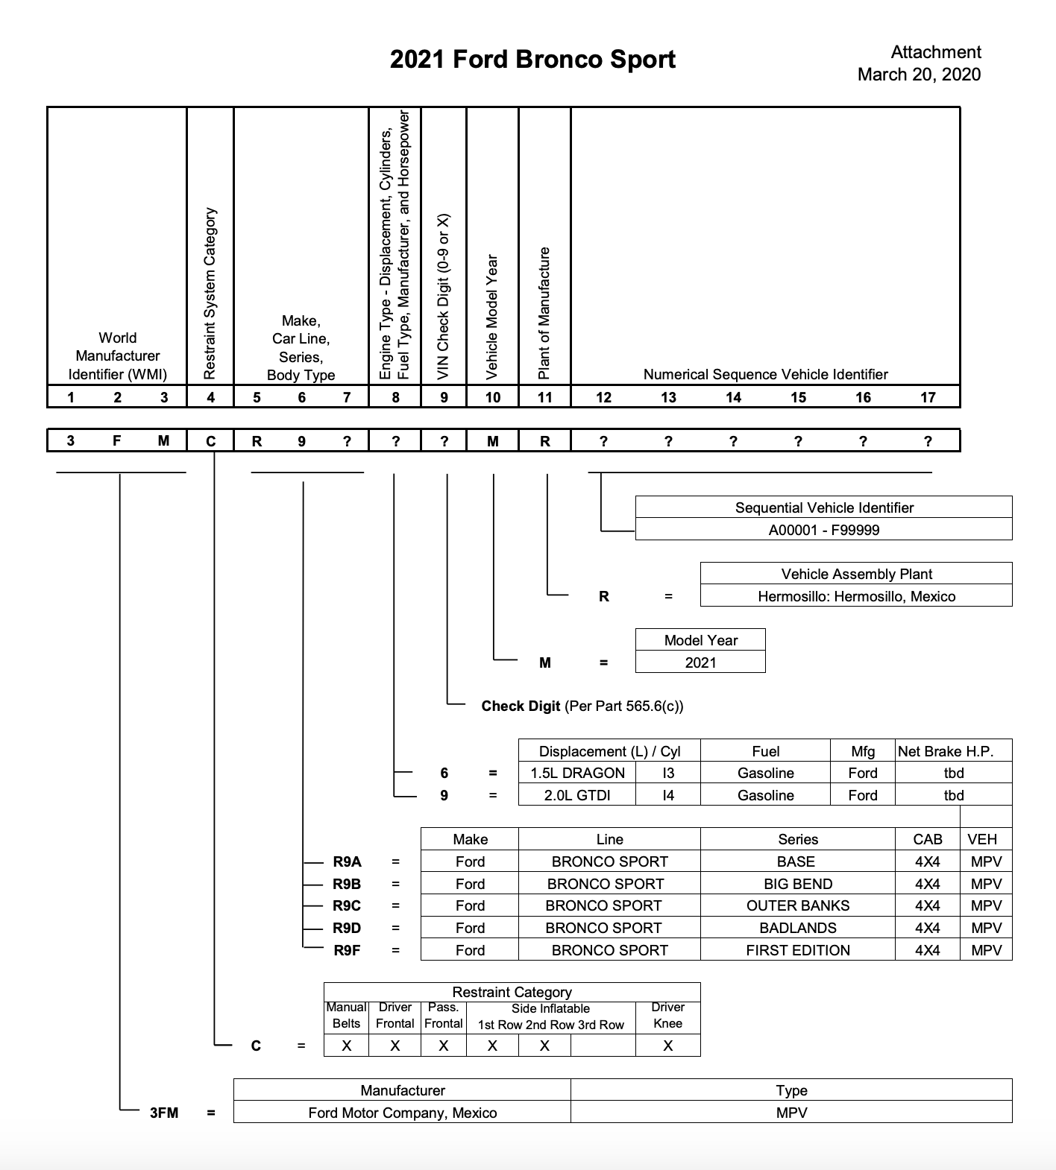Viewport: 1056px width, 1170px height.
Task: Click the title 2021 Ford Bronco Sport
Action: tap(532, 60)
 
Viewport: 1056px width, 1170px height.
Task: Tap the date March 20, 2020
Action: tap(919, 75)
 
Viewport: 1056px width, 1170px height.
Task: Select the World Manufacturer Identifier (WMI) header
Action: tap(118, 356)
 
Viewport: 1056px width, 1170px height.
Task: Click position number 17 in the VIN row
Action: tap(928, 397)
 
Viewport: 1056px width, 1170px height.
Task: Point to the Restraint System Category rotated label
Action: tap(210, 292)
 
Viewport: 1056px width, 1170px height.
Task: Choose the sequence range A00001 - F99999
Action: tap(824, 530)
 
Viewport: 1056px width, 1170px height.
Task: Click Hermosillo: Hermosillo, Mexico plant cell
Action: tap(856, 596)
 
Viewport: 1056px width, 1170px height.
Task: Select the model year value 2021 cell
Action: tap(700, 663)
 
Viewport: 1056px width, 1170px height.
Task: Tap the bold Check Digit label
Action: tap(521, 706)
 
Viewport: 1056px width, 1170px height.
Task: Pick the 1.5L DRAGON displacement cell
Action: tap(577, 773)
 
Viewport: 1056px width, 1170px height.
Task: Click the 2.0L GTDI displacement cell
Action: tap(577, 795)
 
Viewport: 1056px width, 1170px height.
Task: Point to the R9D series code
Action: tap(347, 928)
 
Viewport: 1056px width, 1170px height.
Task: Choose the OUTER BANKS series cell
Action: tap(798, 905)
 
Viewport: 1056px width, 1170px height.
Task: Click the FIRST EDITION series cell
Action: tap(798, 950)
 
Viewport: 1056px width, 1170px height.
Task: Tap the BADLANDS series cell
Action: tap(798, 928)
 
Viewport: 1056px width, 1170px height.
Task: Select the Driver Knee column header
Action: tap(667, 1015)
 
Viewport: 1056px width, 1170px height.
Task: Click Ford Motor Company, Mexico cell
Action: tap(402, 1113)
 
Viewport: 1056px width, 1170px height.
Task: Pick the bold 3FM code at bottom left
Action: tap(164, 1113)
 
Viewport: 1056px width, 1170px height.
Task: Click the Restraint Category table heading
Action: tap(512, 992)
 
